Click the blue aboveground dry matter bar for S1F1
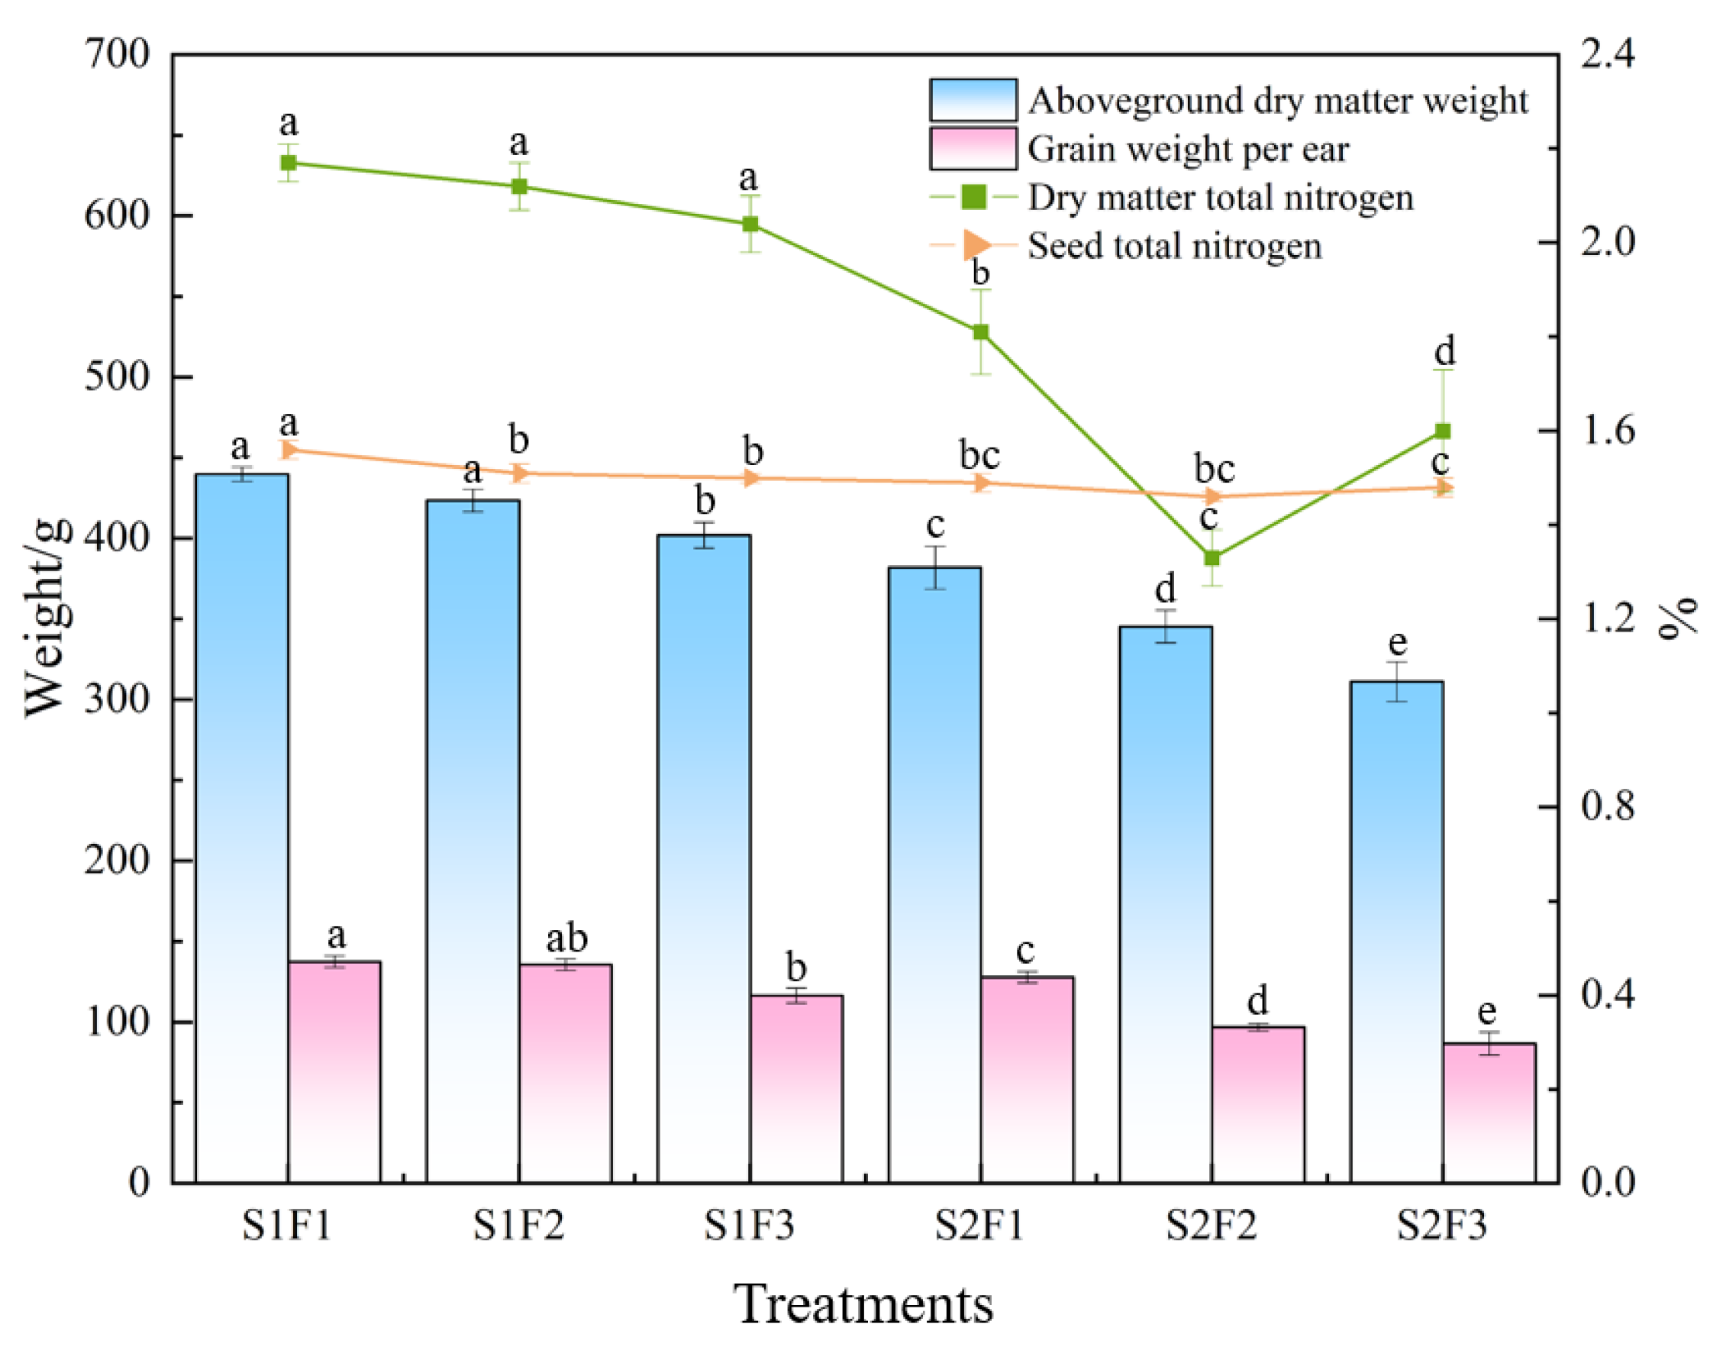pyautogui.click(x=241, y=826)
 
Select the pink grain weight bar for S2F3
pyautogui.click(x=1489, y=1113)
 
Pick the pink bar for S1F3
pyautogui.click(x=796, y=1088)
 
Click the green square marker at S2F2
pyautogui.click(x=1212, y=557)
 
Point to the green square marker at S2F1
pyautogui.click(x=981, y=332)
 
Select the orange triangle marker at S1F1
pyautogui.click(x=289, y=450)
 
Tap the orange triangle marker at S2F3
pyautogui.click(x=1444, y=487)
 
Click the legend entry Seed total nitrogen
pyautogui.click(x=1174, y=247)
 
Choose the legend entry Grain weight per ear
pyautogui.click(x=1188, y=150)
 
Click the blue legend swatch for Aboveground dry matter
pyautogui.click(x=973, y=100)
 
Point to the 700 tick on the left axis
pyautogui.click(x=118, y=56)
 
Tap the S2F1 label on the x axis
pyautogui.click(x=979, y=1225)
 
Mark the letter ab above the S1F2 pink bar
pyautogui.click(x=566, y=939)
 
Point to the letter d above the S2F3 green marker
pyautogui.click(x=1444, y=351)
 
